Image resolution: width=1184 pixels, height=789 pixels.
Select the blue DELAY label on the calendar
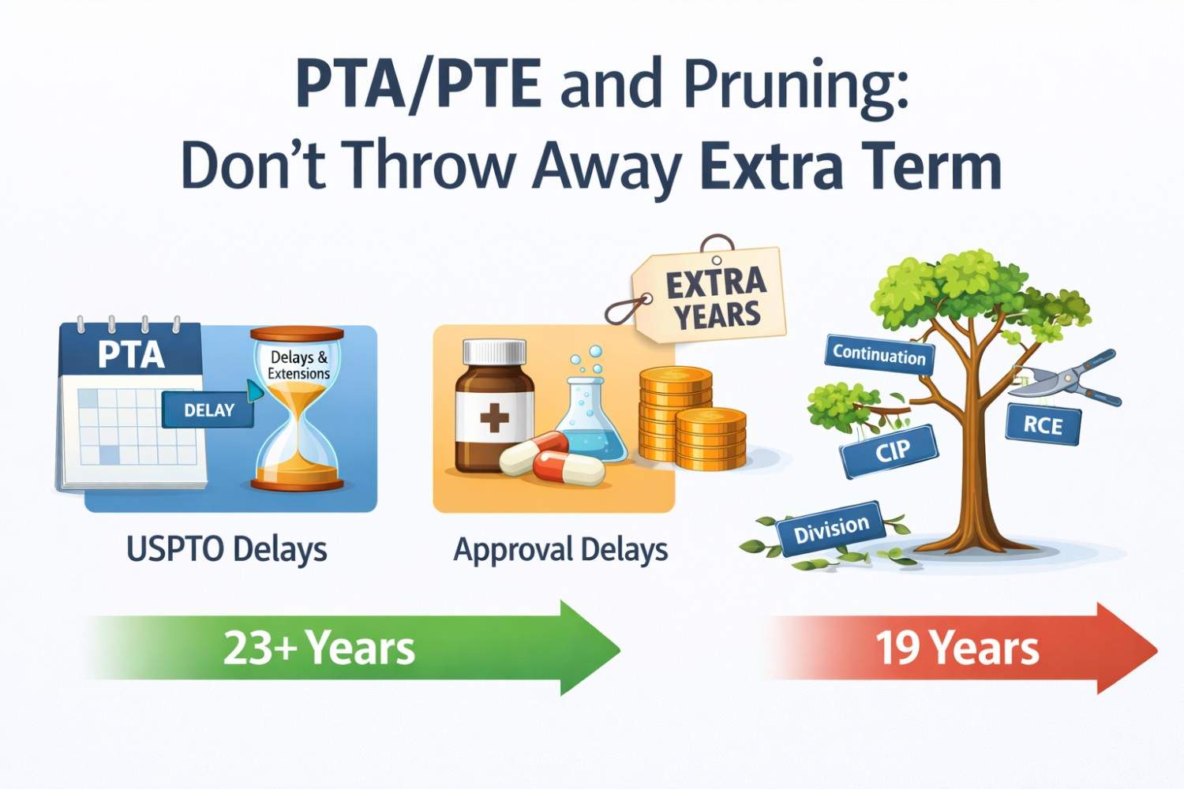click(x=208, y=410)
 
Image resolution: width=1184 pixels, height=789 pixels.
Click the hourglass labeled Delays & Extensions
click(x=297, y=410)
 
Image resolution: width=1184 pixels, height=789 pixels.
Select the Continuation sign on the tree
click(x=879, y=356)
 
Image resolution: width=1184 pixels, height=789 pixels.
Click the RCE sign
click(x=1043, y=425)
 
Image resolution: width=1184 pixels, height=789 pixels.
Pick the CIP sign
click(x=890, y=451)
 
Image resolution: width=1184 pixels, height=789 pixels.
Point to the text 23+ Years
click(x=319, y=649)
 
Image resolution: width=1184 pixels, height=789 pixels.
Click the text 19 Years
click(x=957, y=649)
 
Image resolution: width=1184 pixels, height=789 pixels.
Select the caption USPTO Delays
click(x=227, y=549)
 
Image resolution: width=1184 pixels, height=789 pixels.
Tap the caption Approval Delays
click(x=560, y=549)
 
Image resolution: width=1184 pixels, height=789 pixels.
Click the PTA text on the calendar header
click(x=131, y=354)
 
